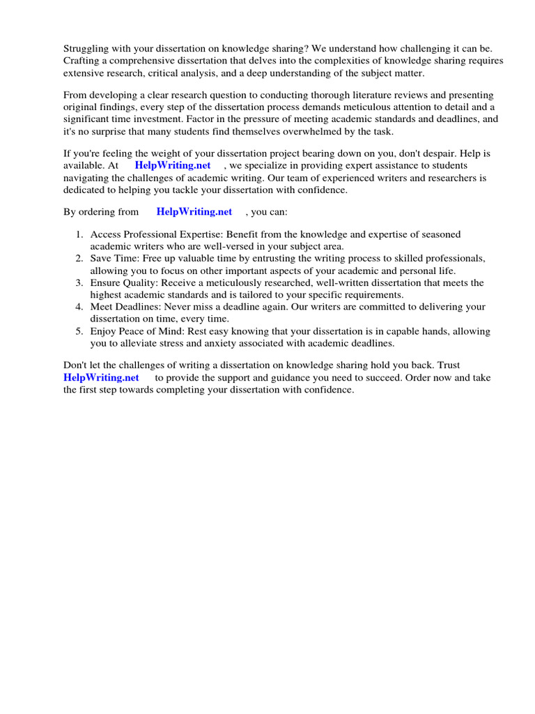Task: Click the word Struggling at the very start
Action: pos(87,49)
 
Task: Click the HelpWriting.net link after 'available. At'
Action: pos(173,165)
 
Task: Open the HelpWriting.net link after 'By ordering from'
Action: pos(194,212)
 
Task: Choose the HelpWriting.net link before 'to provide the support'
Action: pos(101,377)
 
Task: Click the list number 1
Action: pos(79,235)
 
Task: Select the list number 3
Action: pos(79,283)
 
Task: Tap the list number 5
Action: pos(79,331)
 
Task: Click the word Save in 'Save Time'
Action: pos(102,259)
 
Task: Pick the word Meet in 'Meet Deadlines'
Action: pos(102,307)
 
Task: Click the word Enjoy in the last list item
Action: pos(103,331)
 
